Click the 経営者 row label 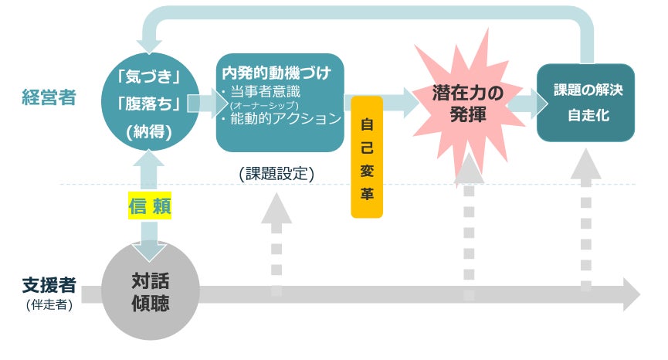pos(48,99)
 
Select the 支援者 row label pos(48,285)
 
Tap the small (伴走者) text pos(48,304)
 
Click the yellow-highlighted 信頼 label pos(149,206)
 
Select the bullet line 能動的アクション pos(280,119)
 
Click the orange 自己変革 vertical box pos(367,157)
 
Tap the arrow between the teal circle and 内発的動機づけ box pos(202,104)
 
